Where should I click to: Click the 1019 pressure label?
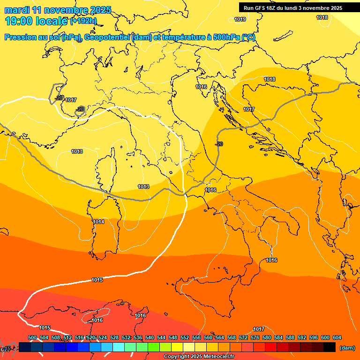point(240,19)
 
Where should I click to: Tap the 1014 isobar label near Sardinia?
point(98,222)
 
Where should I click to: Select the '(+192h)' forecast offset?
point(83,21)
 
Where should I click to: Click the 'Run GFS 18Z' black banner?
point(293,8)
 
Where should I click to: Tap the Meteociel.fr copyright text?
point(199,357)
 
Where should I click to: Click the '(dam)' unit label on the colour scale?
point(347,348)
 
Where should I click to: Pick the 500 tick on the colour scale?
point(32,337)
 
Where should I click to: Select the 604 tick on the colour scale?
point(337,337)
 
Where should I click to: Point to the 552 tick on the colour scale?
point(185,337)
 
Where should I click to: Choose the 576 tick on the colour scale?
point(255,337)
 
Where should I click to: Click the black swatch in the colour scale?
point(330,347)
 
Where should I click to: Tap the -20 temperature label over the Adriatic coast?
point(218,144)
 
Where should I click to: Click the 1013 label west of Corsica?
point(77,151)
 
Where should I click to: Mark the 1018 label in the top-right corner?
point(322,17)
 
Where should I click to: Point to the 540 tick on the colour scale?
point(150,337)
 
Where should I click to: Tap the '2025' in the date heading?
point(100,10)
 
